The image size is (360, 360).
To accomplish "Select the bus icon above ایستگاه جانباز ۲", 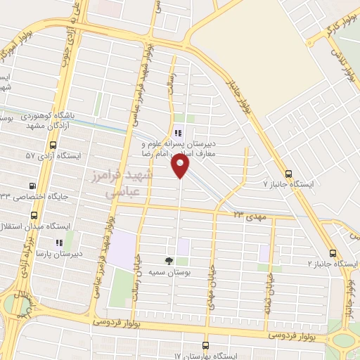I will (333, 253).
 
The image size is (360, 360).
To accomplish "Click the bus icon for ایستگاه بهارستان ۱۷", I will (205, 345).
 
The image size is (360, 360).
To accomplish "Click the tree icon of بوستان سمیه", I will (168, 260).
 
